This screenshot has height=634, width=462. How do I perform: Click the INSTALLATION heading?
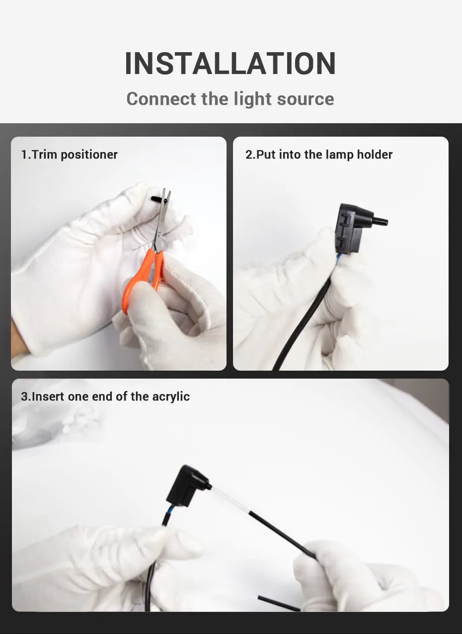pyautogui.click(x=231, y=63)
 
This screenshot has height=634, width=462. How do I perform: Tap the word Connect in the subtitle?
pyautogui.click(x=161, y=99)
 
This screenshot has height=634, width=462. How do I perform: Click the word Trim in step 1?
pyautogui.click(x=44, y=155)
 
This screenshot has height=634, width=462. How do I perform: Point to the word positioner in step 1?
pyautogui.click(x=89, y=155)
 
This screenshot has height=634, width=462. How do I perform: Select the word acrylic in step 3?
pyautogui.click(x=171, y=397)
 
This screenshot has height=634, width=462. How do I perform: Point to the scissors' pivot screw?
pyautogui.click(x=160, y=234)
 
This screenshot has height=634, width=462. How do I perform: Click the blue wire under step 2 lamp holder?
pyautogui.click(x=338, y=259)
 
